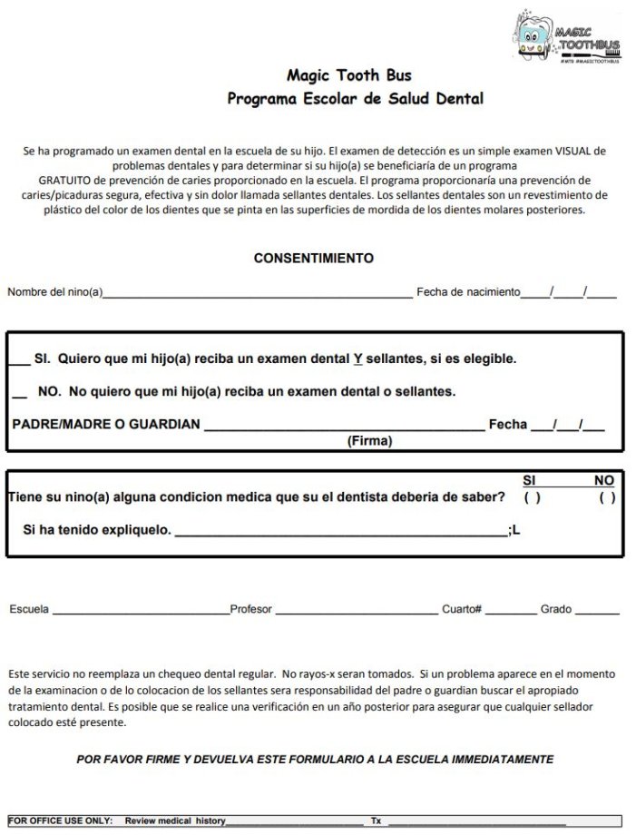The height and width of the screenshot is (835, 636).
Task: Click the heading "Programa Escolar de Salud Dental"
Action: [355, 98]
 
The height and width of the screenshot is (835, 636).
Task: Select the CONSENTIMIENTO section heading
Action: [313, 258]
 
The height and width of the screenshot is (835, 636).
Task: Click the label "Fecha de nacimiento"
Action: [468, 291]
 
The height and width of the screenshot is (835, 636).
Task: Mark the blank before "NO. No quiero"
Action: [20, 393]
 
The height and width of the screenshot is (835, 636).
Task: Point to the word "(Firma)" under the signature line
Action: [369, 441]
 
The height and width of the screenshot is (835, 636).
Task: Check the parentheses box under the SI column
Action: [533, 497]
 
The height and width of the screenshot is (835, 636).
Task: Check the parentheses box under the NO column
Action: [606, 497]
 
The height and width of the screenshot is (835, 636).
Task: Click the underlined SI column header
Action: [531, 480]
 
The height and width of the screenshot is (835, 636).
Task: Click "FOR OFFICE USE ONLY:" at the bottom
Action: [63, 820]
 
